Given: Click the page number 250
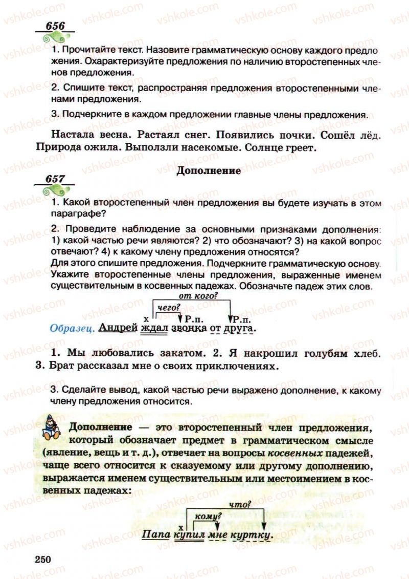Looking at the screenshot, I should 44,559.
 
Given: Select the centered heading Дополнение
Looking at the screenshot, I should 208,171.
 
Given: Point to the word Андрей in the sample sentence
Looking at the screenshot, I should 118,328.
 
